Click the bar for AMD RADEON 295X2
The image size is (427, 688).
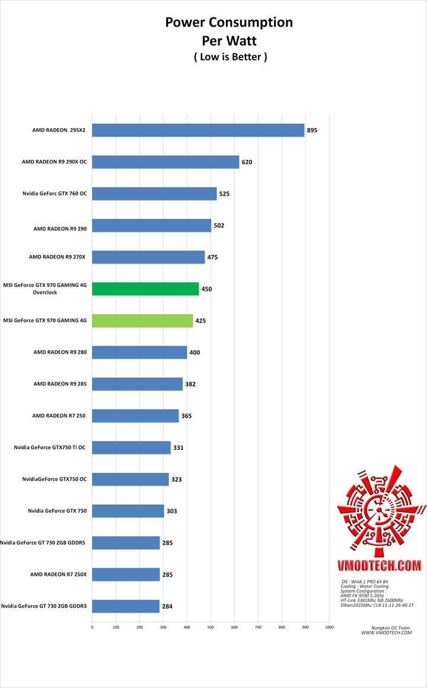(x=198, y=130)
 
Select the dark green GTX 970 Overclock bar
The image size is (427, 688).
(x=145, y=289)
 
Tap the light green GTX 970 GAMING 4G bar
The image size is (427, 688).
(x=142, y=321)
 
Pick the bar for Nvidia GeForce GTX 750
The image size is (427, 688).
(x=128, y=511)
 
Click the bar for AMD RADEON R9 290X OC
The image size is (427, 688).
(x=165, y=162)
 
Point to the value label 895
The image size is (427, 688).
(x=312, y=130)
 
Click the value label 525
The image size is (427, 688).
(x=225, y=194)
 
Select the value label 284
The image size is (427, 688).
(x=168, y=606)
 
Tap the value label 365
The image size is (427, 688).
(x=186, y=416)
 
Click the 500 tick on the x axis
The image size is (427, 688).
(x=211, y=627)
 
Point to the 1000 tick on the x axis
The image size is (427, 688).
(x=329, y=627)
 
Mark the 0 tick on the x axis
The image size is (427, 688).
(x=92, y=627)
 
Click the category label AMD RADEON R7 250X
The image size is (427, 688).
(x=59, y=574)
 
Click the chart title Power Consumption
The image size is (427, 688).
(x=229, y=23)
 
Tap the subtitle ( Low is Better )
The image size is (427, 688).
(x=230, y=57)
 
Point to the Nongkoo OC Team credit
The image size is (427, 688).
(x=386, y=628)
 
